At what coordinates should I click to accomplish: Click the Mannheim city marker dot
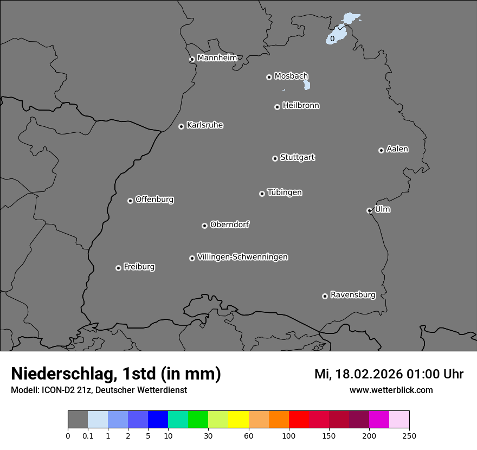coord(192,60)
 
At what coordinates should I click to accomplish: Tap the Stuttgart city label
coord(297,158)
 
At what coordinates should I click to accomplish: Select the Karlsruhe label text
coord(205,126)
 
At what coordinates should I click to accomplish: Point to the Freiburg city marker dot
coord(118,268)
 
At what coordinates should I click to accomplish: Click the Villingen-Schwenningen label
coord(242,257)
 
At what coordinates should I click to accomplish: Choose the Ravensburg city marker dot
coord(325,296)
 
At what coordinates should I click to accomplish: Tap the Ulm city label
coord(382,209)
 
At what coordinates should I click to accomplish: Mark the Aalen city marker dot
coord(381,150)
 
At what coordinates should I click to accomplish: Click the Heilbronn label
coord(301,106)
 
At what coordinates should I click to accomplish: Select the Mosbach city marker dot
coord(269,77)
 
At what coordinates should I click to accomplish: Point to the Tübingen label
coord(285,192)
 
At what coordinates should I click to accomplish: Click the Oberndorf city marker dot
coord(204,226)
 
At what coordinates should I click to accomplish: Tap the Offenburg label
coord(154,200)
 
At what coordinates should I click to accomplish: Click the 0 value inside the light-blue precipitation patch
coord(332,38)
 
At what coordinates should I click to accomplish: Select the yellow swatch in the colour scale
coord(238,420)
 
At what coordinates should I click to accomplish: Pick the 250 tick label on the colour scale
coord(409,435)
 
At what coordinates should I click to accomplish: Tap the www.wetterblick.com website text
coord(391,390)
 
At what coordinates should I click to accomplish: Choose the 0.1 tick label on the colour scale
coord(88,435)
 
